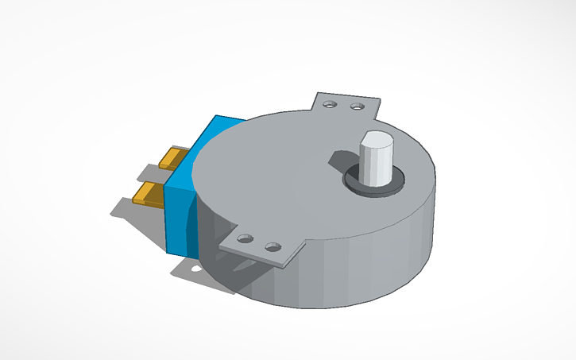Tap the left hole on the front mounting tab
[245, 238]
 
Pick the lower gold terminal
[149, 192]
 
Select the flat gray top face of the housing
[270, 175]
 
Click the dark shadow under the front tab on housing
[238, 270]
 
